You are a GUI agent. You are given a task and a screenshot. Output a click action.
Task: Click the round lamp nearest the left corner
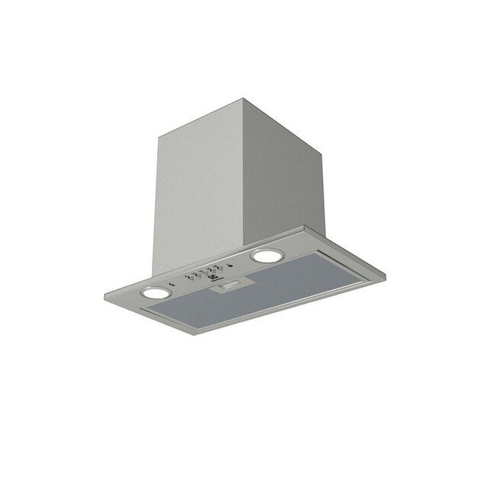156,292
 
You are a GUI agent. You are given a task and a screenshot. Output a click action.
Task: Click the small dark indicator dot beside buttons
228,266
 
